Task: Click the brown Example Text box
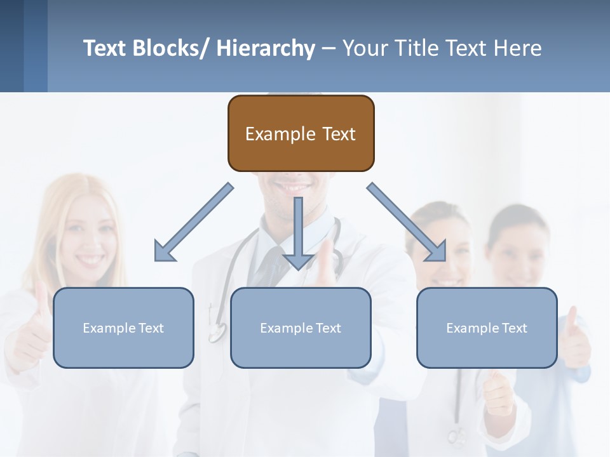[x=301, y=133]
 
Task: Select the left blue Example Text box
[x=123, y=328]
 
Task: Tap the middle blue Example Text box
[x=301, y=328]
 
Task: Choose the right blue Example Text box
[x=487, y=328]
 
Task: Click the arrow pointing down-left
[x=193, y=222]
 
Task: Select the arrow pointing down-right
[x=407, y=222]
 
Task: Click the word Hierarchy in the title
[x=266, y=48]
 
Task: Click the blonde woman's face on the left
[x=89, y=235]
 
